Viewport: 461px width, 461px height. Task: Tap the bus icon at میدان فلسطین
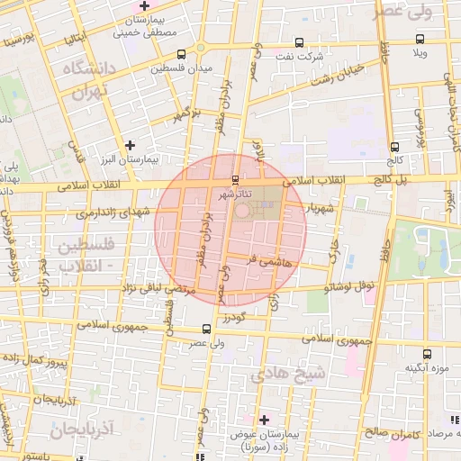(x=183, y=54)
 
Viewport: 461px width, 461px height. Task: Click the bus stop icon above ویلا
(x=420, y=39)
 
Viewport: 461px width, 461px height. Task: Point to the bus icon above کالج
(x=394, y=147)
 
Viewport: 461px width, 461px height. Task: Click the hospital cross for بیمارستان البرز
(x=131, y=144)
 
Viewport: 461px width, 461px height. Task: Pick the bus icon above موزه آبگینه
(x=429, y=354)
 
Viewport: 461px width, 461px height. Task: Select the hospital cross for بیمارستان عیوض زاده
(x=264, y=420)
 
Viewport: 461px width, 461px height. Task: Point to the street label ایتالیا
(x=72, y=38)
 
